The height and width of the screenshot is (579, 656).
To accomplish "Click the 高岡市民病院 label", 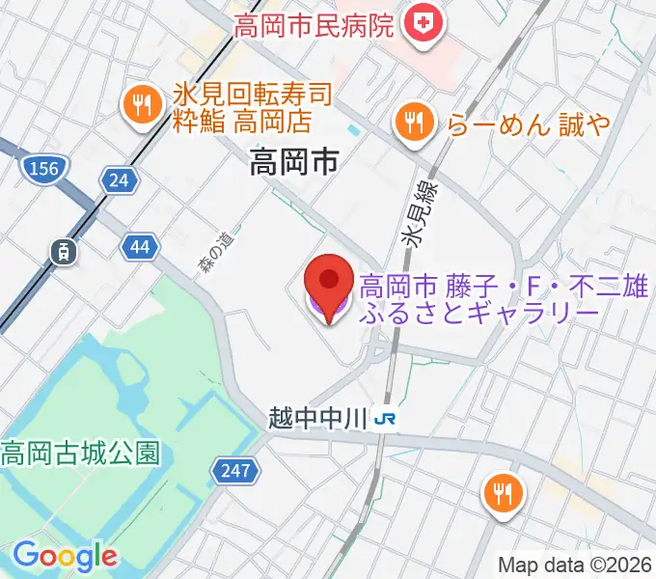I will point(314,23).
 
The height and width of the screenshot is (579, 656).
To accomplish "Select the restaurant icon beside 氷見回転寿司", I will point(143,106).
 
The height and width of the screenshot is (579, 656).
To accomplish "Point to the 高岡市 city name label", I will point(293,162).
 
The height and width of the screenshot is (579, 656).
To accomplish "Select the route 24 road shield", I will point(120,179).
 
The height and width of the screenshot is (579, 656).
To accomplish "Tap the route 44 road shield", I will point(140,248).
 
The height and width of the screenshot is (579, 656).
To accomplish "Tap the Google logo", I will point(66,555).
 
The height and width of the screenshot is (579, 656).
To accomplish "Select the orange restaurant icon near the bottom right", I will point(504,494).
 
